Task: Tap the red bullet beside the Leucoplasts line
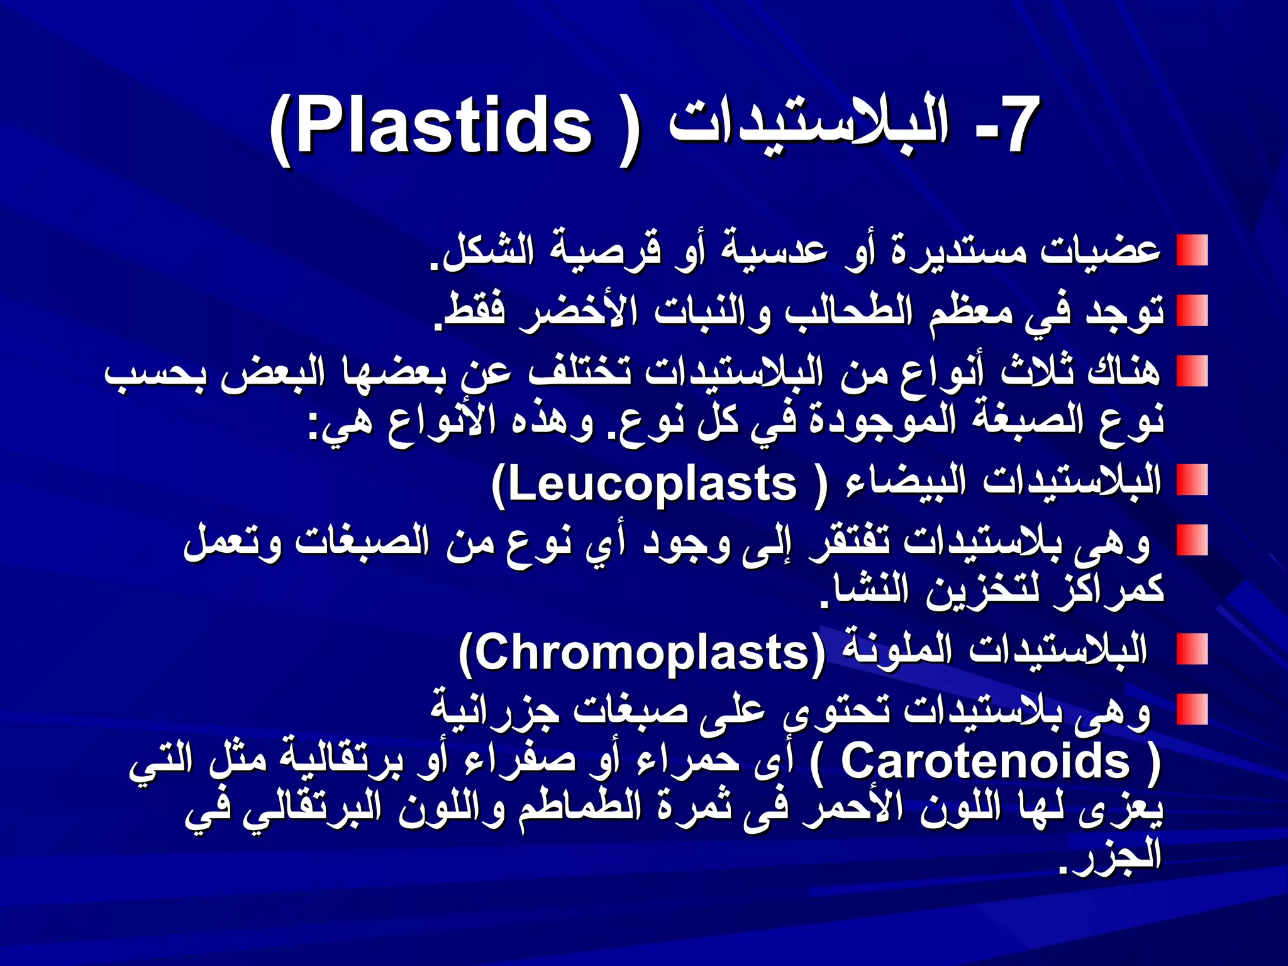coord(1192,480)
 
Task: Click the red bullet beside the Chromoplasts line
coord(1192,649)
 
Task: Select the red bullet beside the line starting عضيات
coord(1192,250)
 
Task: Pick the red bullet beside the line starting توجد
coord(1192,311)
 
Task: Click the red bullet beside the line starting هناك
coord(1192,371)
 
